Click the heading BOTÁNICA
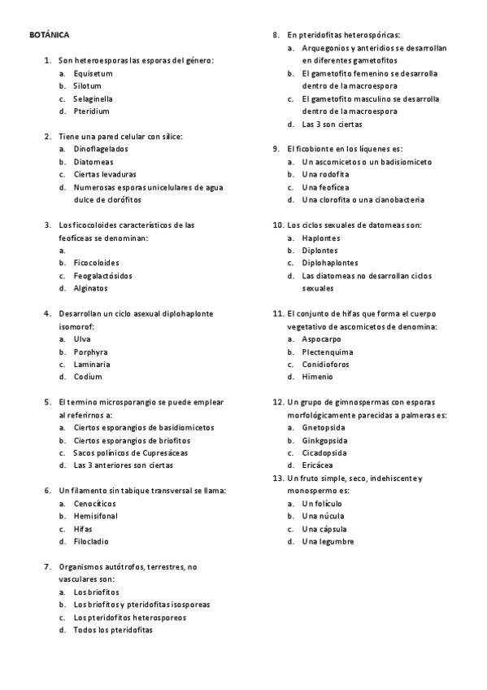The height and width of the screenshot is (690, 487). pyautogui.click(x=49, y=36)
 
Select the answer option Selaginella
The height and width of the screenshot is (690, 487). pyautogui.click(x=93, y=98)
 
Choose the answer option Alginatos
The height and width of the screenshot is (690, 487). pyautogui.click(x=90, y=288)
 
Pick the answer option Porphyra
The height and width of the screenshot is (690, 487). pyautogui.click(x=90, y=352)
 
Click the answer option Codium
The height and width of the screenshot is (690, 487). pyautogui.click(x=88, y=377)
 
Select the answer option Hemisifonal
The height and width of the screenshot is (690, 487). pyautogui.click(x=95, y=516)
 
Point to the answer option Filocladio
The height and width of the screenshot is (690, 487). pyautogui.click(x=91, y=541)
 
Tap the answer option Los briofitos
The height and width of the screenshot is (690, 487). pyautogui.click(x=96, y=592)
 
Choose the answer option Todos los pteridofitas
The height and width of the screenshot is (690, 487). pyautogui.click(x=112, y=630)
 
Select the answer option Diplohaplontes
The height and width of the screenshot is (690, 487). pyautogui.click(x=329, y=263)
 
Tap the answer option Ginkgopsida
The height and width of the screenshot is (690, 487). pyautogui.click(x=324, y=440)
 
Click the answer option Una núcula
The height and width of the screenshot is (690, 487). pyautogui.click(x=323, y=516)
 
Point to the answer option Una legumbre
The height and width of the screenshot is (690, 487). pyautogui.click(x=328, y=541)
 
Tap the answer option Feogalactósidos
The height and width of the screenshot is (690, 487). pyautogui.click(x=102, y=275)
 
